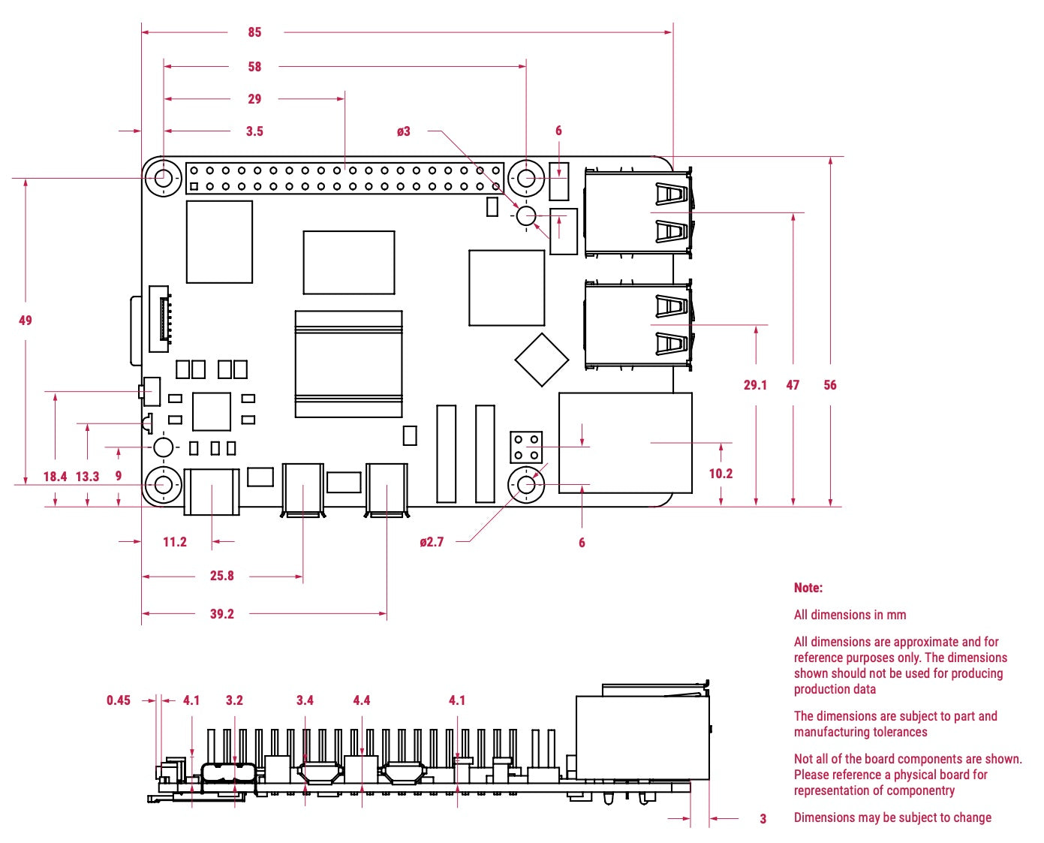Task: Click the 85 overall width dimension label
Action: (254, 32)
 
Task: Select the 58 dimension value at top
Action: (254, 67)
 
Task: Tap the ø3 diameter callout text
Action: (404, 131)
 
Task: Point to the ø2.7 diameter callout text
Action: (432, 542)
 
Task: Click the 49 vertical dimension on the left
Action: (26, 321)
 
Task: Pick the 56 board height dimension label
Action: (829, 385)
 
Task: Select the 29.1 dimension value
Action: (755, 385)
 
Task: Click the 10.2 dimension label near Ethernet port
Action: (721, 474)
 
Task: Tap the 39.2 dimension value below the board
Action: (221, 614)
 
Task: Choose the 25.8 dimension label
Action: (221, 576)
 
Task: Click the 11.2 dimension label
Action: (175, 542)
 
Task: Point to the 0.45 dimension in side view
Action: (119, 700)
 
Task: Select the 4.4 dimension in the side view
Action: (362, 700)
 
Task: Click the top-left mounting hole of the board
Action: (163, 179)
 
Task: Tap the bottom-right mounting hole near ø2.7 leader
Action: (526, 485)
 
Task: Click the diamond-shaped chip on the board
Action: (542, 360)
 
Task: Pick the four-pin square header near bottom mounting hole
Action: (526, 447)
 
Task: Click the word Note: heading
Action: (808, 588)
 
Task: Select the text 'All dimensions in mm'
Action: (850, 615)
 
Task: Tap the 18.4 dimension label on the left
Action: (55, 477)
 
